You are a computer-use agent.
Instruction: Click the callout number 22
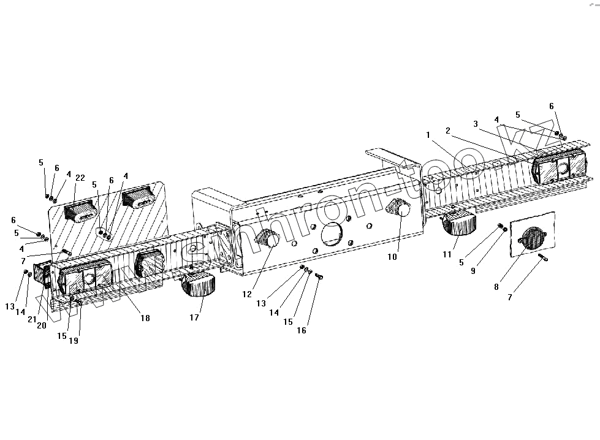coord(80,178)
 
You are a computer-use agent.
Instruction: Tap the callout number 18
coord(145,318)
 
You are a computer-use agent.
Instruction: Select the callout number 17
coord(194,317)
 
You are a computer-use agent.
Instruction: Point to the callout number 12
coord(246,294)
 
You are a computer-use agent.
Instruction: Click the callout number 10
coord(392,257)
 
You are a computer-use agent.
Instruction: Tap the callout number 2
coord(448,131)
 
